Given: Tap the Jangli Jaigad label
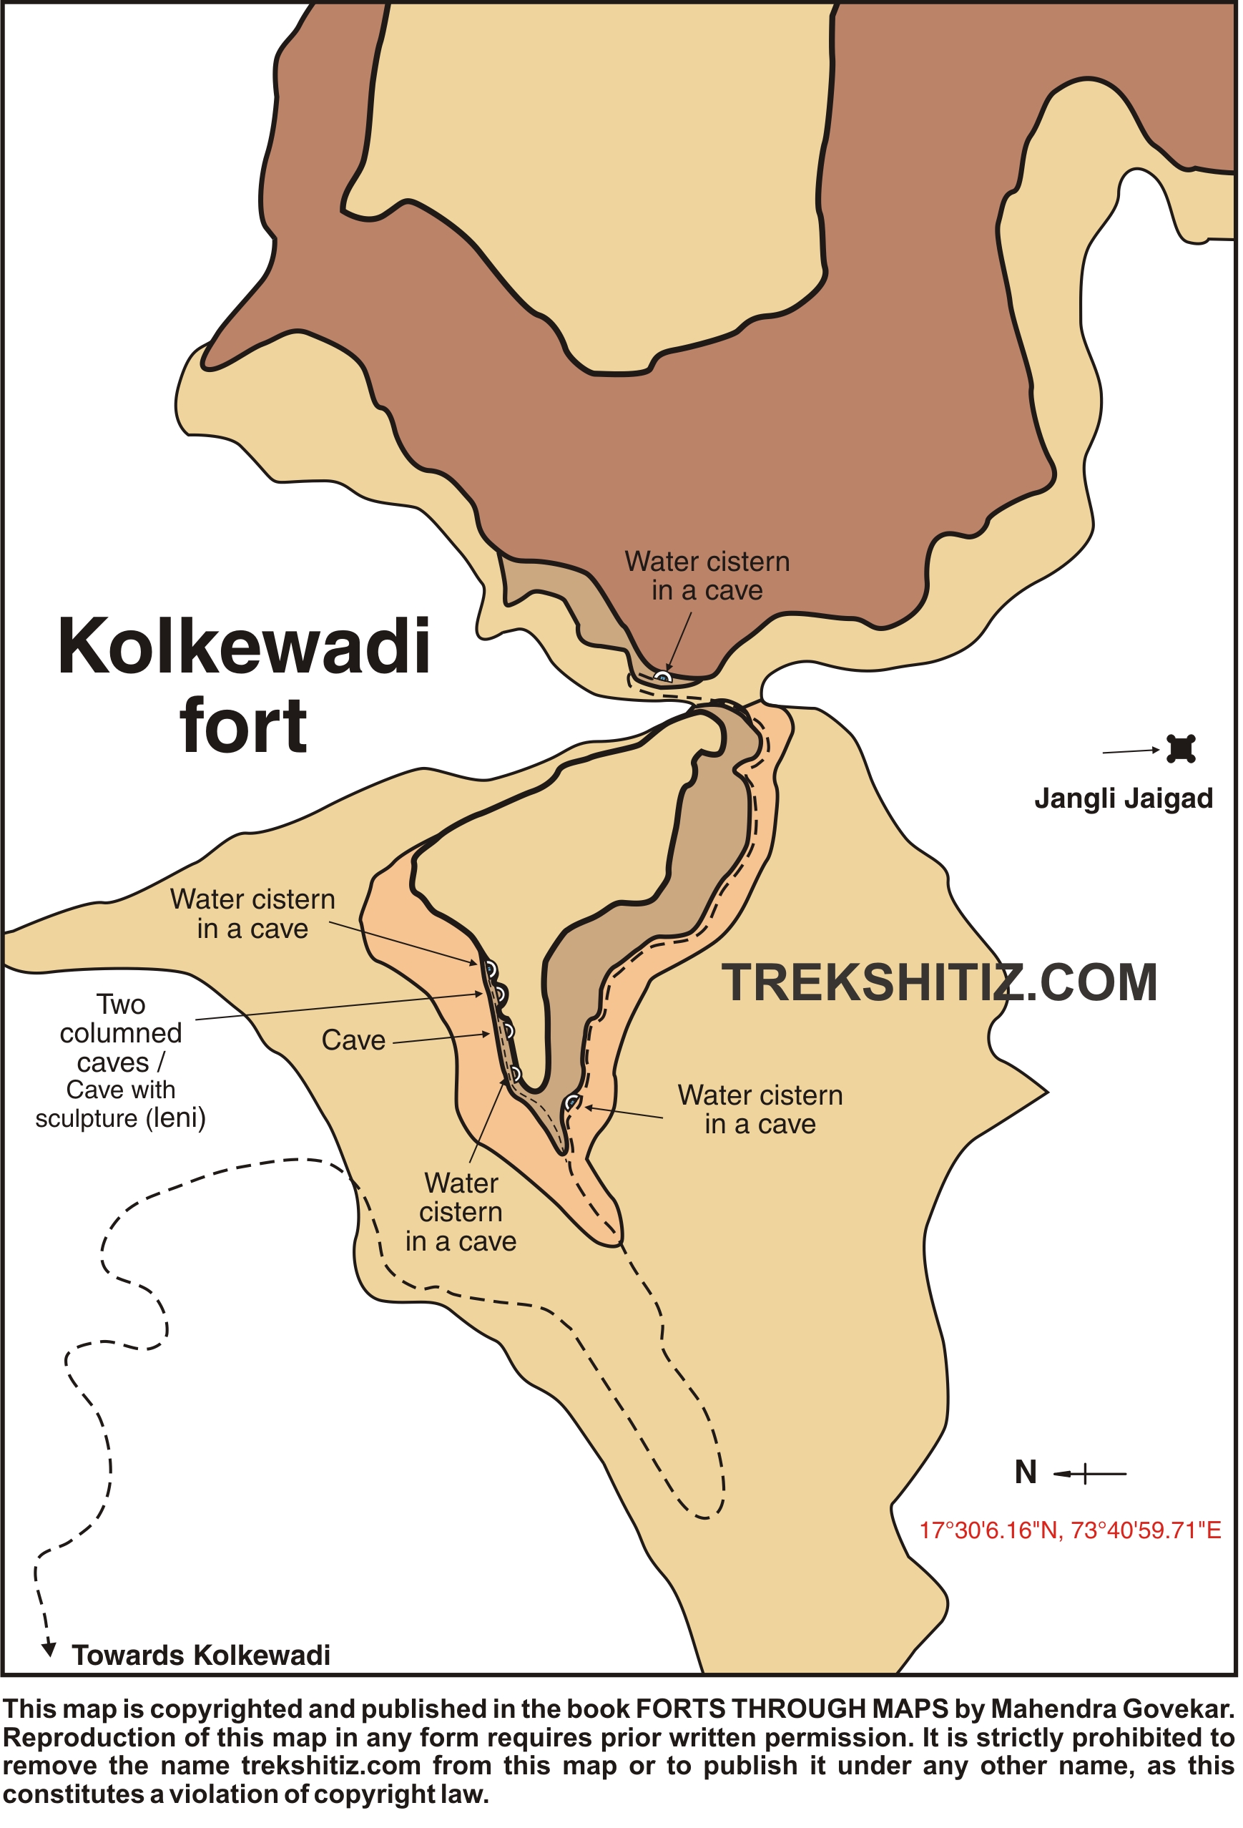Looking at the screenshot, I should click(x=1123, y=798).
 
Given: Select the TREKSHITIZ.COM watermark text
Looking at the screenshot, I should click(x=940, y=983).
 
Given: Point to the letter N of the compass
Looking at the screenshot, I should click(x=1025, y=1472).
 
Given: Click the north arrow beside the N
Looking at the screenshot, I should click(x=1089, y=1473).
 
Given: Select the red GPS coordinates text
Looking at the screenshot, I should click(x=1070, y=1530).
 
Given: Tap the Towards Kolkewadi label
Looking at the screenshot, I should click(x=200, y=1655).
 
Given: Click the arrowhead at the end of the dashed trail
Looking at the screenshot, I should click(x=49, y=1648).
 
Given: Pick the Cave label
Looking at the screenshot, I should click(x=353, y=1041).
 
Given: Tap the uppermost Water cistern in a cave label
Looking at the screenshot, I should click(x=707, y=576).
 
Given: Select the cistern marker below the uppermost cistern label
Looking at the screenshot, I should click(x=664, y=675).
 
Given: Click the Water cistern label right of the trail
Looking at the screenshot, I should click(x=760, y=1109).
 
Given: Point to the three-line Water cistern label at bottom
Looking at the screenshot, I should click(x=461, y=1212).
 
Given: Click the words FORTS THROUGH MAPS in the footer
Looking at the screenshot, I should click(x=792, y=1709).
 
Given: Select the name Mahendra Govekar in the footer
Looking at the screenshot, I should click(x=1111, y=1709).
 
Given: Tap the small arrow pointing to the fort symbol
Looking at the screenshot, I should click(x=1131, y=751).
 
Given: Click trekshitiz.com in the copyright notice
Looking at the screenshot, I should click(x=331, y=1766).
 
